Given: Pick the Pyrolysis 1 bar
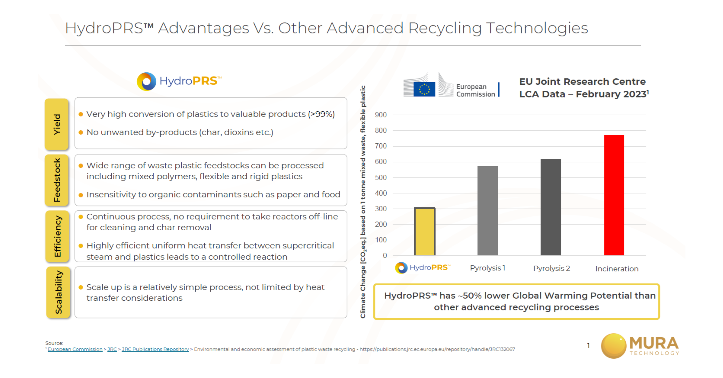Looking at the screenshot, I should coord(488,211).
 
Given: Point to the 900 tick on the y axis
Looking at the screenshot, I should coord(381,115).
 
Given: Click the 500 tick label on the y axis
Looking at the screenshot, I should coord(381,178).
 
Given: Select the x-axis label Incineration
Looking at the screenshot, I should coord(617,269).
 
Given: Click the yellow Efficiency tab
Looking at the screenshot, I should coord(57,236).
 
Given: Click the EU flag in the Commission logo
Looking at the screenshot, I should coord(424,89).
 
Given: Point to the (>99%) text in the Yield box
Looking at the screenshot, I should coord(321,114).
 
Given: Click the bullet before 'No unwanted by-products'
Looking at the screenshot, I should coord(81,133).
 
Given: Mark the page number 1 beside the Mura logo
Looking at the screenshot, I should coord(588,345).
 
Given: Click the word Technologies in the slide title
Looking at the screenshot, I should coord(537,28).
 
